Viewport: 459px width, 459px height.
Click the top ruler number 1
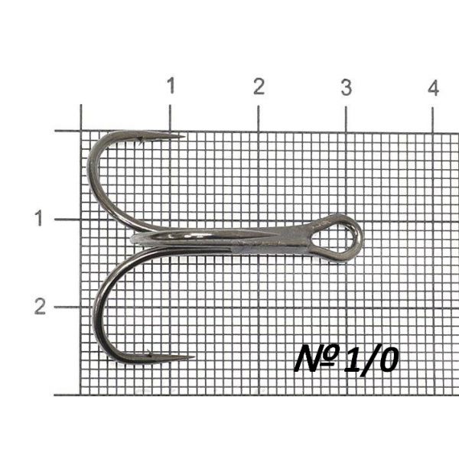[171, 86]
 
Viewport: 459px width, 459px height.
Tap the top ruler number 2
[259, 86]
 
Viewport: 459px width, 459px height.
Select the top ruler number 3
[347, 87]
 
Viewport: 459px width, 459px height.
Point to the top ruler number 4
[434, 88]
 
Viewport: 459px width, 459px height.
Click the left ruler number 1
[39, 218]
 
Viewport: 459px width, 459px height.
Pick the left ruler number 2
[40, 306]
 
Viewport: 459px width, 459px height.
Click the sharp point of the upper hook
[184, 136]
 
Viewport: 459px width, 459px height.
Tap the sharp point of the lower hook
[194, 356]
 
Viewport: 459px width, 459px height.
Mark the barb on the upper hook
[141, 141]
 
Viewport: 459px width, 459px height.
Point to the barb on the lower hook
[150, 353]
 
